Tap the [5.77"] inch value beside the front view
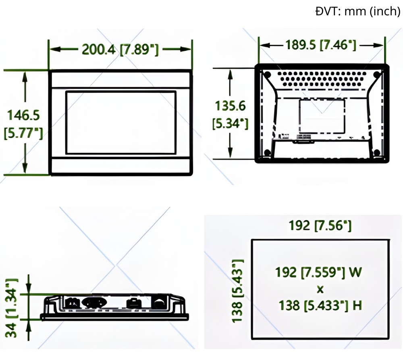[23, 132]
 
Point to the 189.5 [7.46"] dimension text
[321, 45]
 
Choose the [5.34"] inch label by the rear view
[230, 123]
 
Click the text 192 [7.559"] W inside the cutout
[319, 272]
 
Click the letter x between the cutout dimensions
[320, 289]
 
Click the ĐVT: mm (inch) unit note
[357, 11]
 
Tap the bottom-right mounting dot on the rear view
[376, 152]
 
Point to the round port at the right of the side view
[158, 303]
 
